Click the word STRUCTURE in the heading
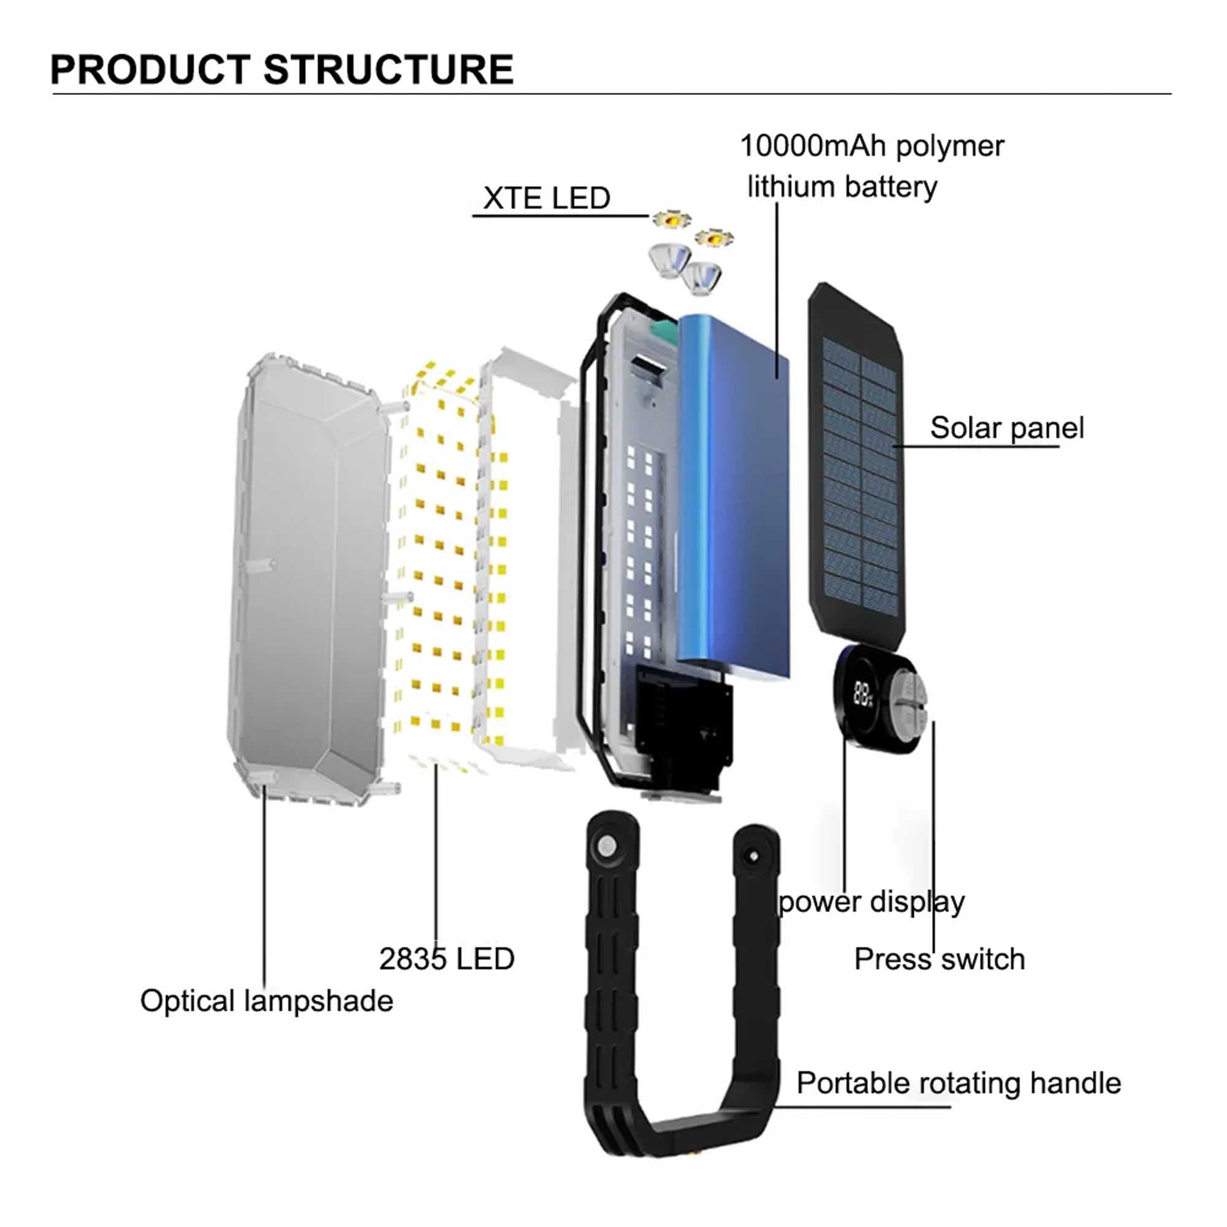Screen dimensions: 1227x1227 pos(388,69)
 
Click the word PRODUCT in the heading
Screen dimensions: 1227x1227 pos(150,69)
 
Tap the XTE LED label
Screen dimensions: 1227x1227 pos(546,198)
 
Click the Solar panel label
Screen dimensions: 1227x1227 pos(1007,428)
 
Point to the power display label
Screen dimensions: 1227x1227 pos(871,902)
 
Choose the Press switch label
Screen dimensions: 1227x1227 pos(939,959)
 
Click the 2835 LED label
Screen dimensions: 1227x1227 pos(447,959)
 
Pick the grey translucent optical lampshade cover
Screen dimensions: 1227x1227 pos(305,572)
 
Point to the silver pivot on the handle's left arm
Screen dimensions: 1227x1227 pos(606,846)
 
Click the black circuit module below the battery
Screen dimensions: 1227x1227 pos(683,724)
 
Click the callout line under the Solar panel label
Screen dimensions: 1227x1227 pos(978,447)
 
